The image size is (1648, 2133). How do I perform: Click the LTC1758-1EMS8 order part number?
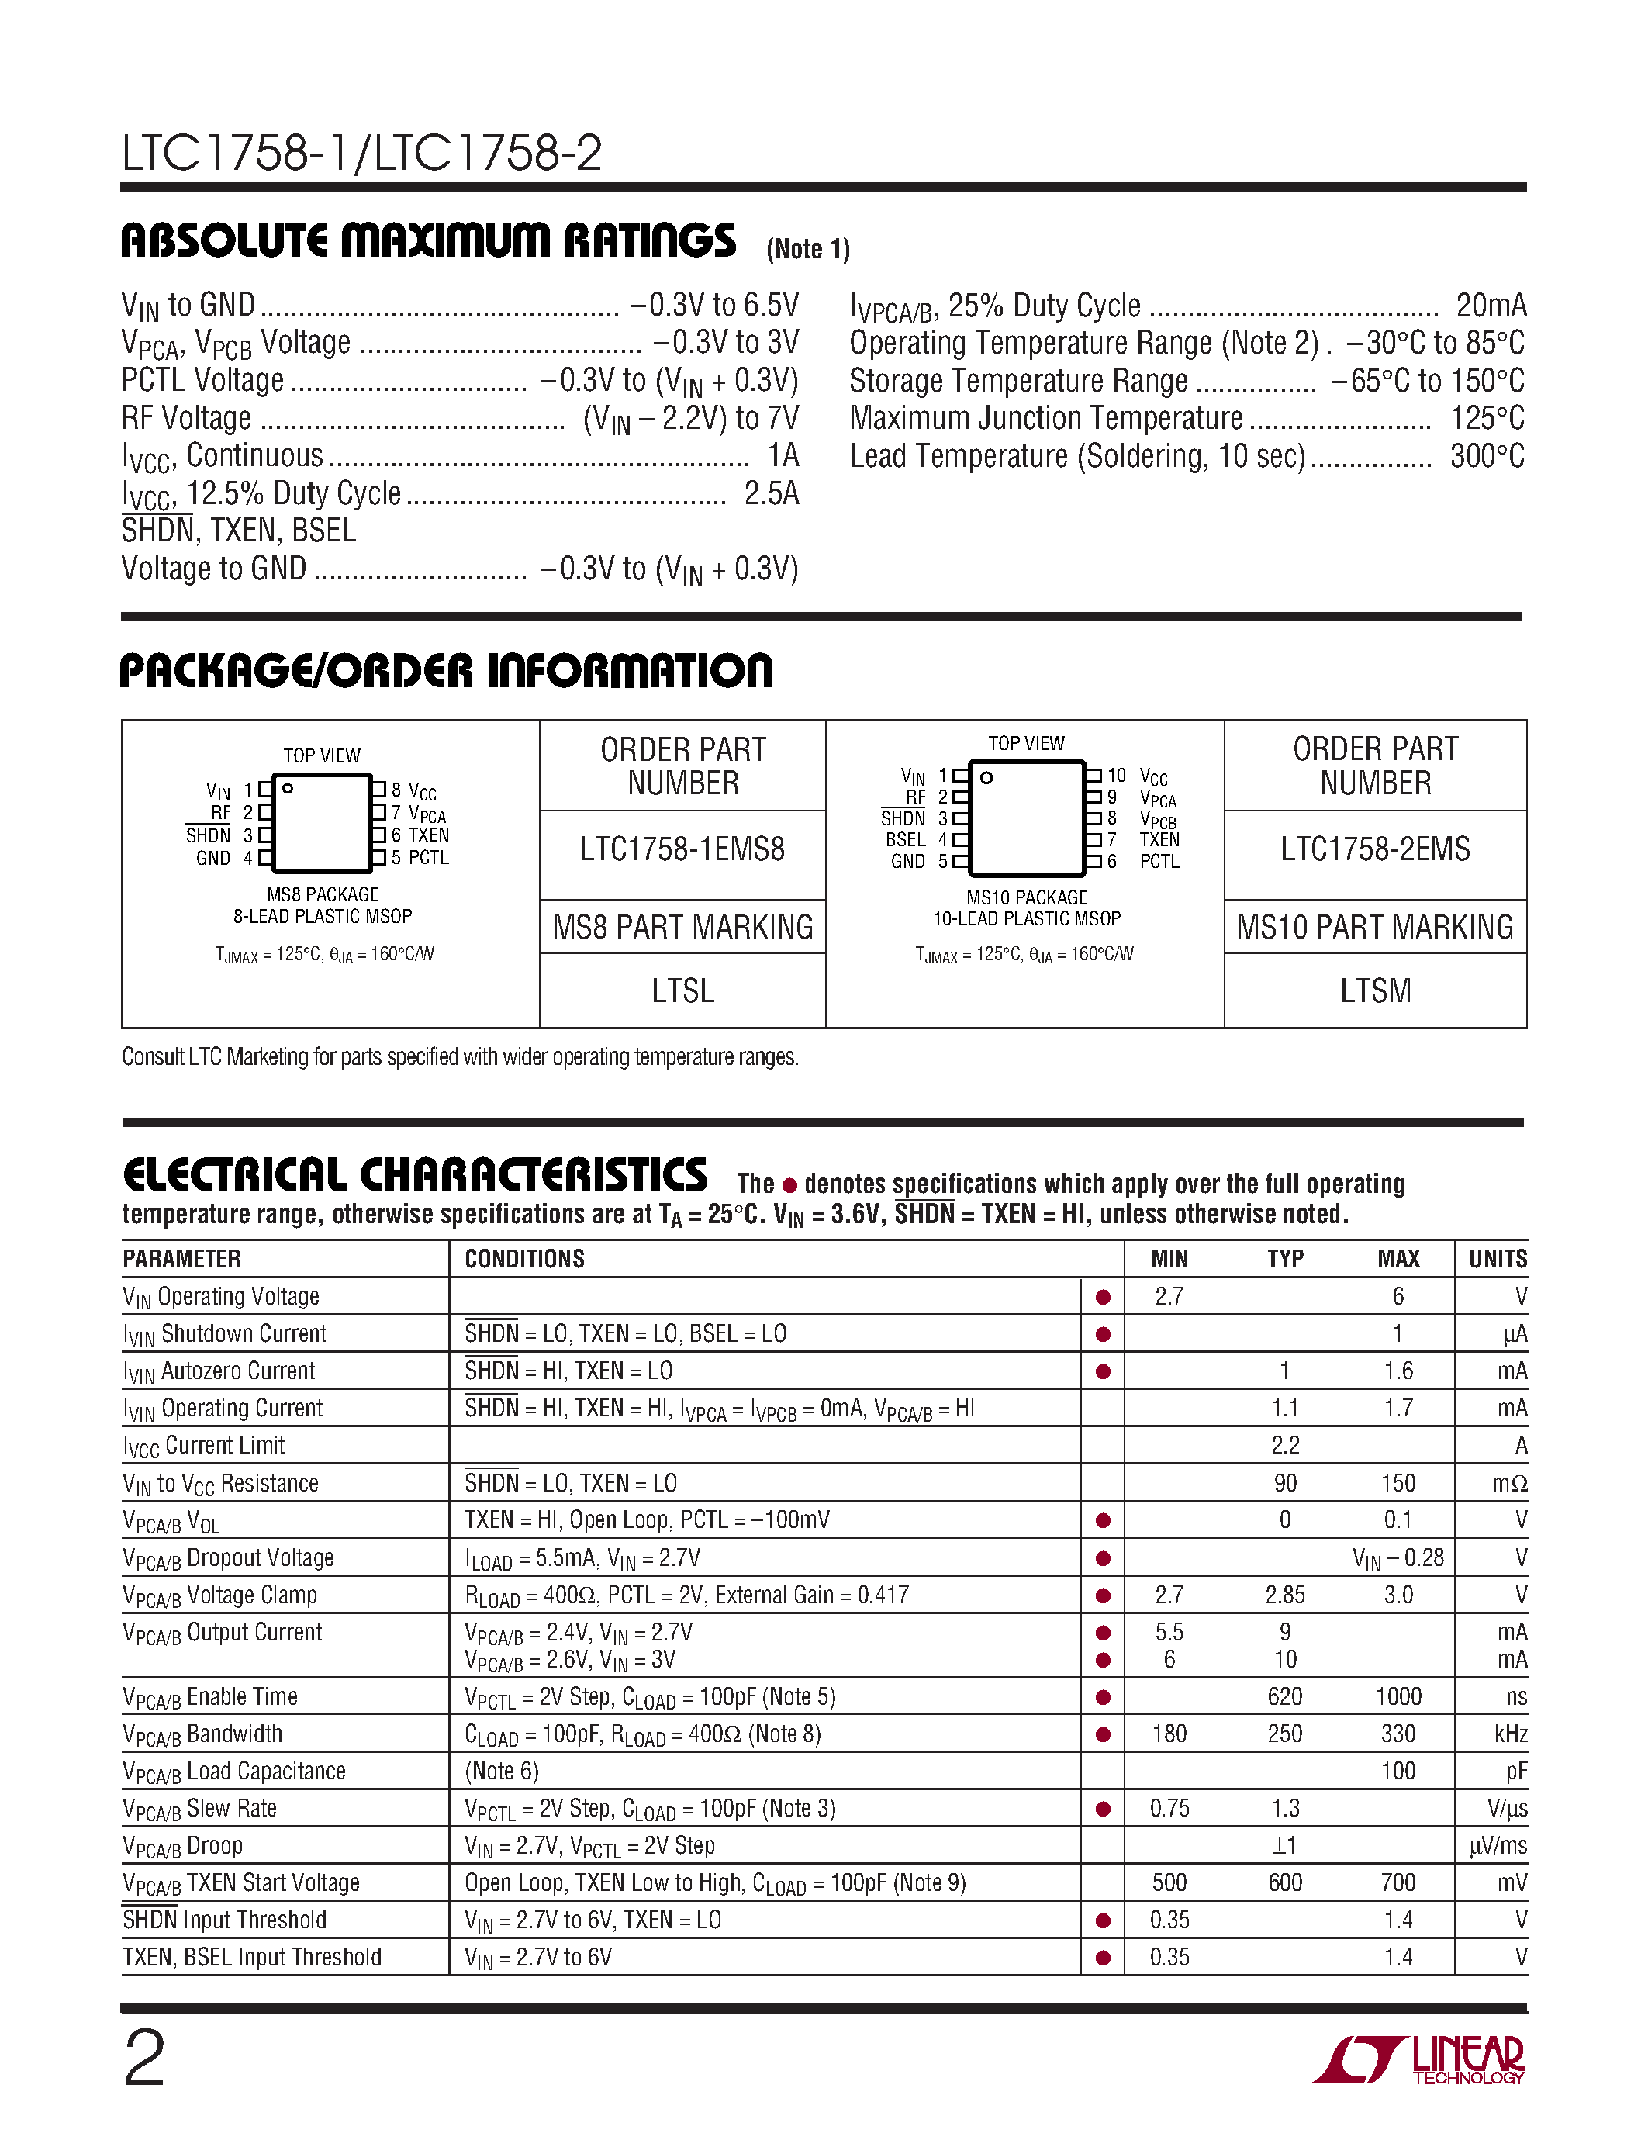click(682, 849)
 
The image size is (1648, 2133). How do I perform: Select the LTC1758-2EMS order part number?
click(1375, 849)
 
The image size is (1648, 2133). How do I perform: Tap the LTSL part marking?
click(682, 991)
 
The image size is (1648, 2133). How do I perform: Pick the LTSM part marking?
click(1375, 991)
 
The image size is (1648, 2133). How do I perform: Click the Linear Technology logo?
click(1418, 2062)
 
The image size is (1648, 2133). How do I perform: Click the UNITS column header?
click(1497, 1259)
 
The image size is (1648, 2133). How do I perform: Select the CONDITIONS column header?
click(524, 1259)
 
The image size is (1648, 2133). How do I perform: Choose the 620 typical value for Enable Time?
click(1285, 1696)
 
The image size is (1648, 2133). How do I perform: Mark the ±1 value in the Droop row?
click(1285, 1846)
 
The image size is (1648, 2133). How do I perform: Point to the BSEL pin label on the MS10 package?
click(905, 840)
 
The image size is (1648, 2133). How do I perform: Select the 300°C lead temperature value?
click(1486, 456)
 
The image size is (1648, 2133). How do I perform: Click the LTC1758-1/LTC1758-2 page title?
click(361, 154)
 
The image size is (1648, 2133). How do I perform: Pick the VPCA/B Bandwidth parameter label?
click(202, 1734)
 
